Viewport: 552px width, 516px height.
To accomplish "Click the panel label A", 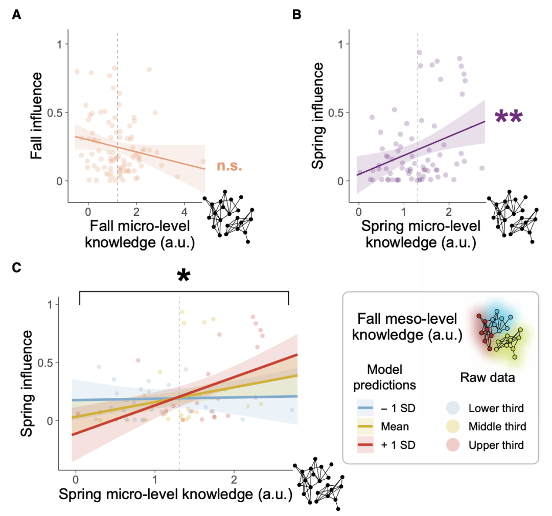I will (17, 15).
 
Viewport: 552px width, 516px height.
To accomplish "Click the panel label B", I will (296, 15).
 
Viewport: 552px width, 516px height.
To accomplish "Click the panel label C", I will (17, 268).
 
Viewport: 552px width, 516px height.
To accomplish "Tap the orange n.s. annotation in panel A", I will (228, 166).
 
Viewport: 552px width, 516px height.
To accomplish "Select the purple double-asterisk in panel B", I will (509, 118).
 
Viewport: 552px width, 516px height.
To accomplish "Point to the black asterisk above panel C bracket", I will (183, 277).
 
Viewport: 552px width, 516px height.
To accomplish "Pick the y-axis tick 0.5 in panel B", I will (337, 112).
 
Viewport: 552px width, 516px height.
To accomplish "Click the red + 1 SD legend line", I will (367, 445).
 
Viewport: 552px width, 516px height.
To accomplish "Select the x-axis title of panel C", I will (175, 495).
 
